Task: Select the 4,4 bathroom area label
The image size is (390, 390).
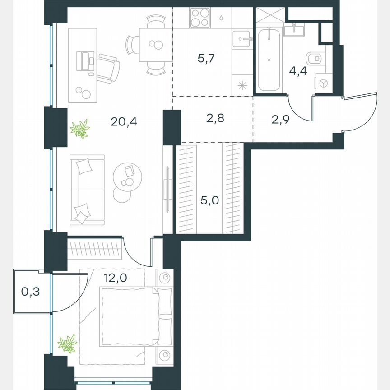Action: click(x=298, y=71)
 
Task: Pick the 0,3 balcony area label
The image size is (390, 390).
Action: click(x=30, y=292)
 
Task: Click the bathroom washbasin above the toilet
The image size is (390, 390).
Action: click(x=296, y=31)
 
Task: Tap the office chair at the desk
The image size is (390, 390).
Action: click(x=109, y=66)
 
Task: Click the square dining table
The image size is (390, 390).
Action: click(x=155, y=44)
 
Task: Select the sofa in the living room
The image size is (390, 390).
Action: click(x=87, y=190)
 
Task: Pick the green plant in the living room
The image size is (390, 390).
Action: click(x=80, y=129)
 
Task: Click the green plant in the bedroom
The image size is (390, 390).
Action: click(x=67, y=344)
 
